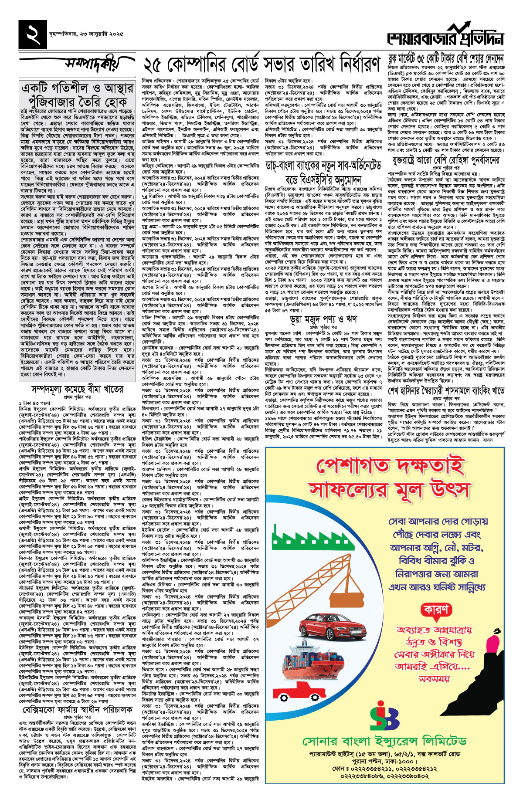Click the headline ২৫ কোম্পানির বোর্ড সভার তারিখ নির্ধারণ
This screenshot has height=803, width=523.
tap(261, 65)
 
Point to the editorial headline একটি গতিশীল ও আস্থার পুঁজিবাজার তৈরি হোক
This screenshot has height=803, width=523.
tap(77, 95)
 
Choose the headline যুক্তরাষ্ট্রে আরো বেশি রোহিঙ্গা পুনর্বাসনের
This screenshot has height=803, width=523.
tap(446, 160)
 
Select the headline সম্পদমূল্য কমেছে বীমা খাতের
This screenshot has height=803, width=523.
tap(77, 389)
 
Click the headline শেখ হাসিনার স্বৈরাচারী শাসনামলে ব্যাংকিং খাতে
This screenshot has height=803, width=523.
tap(446, 390)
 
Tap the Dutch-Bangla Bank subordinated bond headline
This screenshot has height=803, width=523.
tap(323, 172)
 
